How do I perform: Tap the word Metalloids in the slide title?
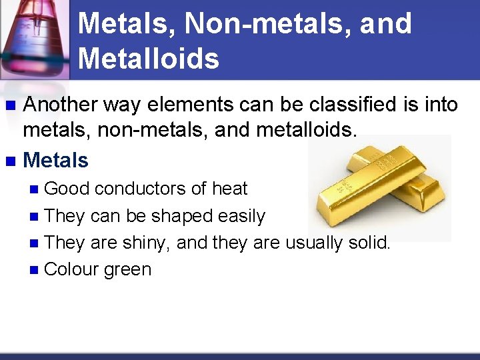148,59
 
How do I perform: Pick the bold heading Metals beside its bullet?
55,160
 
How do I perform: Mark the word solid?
371,243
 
